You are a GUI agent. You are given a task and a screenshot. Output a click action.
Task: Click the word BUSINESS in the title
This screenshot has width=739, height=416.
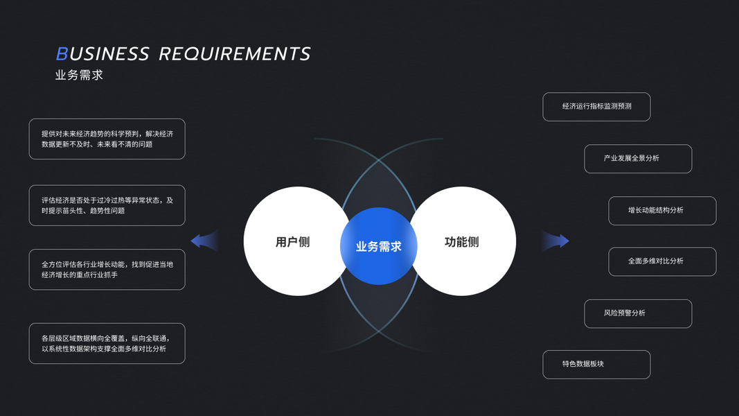point(103,54)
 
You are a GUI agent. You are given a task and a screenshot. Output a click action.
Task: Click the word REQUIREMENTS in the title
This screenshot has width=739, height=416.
point(234,54)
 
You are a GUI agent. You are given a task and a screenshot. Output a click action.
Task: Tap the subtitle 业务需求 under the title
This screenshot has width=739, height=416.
point(79,75)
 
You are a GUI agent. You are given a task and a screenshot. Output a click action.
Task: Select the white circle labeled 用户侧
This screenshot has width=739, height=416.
point(292,242)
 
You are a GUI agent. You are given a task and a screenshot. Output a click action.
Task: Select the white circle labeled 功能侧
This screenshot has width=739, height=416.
point(462,242)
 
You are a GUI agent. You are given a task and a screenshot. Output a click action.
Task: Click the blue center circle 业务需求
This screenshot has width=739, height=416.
point(378,246)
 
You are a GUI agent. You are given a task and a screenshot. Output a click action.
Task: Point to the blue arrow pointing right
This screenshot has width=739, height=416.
point(557,241)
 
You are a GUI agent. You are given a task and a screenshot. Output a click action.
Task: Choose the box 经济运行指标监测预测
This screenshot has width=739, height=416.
point(596,107)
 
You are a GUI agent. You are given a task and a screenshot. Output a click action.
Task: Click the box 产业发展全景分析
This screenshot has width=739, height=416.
point(638,159)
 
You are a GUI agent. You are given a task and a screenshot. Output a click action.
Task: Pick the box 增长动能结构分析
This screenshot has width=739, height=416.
point(662,211)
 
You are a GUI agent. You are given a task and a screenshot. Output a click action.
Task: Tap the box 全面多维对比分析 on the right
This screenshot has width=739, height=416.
point(662,261)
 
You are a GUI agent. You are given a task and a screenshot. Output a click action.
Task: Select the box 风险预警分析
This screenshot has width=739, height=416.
point(638,313)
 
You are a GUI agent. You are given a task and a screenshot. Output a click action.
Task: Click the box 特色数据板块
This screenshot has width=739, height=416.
point(596,365)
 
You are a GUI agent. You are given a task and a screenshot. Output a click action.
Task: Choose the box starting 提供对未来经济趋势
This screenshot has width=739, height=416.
point(107,139)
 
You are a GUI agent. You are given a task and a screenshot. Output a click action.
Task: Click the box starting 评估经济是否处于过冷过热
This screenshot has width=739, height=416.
point(107,205)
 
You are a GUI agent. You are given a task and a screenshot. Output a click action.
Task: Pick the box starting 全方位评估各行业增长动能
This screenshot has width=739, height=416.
point(107,270)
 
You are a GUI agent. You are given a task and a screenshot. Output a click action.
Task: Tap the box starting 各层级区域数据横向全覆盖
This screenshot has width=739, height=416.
point(107,343)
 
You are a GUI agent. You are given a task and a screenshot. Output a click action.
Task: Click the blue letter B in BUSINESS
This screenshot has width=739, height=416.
point(62,54)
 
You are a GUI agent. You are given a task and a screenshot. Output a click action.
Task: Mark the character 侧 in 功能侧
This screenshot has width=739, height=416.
point(473,242)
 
